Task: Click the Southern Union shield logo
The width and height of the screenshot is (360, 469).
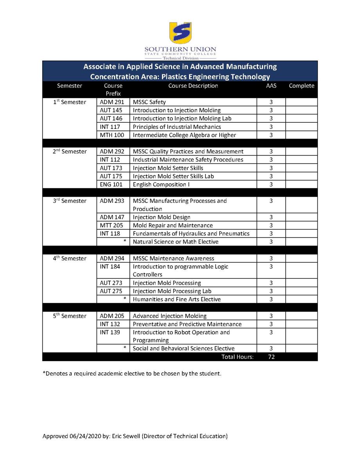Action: (180, 33)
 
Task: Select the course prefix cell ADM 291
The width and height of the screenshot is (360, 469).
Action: (112, 102)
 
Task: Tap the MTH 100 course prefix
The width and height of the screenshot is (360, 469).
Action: (112, 135)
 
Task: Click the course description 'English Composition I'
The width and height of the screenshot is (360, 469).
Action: (161, 184)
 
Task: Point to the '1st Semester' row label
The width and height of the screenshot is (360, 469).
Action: (70, 102)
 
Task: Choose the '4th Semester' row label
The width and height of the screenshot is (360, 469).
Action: (70, 258)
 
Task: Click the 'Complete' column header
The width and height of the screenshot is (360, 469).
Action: (301, 86)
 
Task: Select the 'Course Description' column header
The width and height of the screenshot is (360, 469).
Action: (193, 86)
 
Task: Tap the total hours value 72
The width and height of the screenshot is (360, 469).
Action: (271, 357)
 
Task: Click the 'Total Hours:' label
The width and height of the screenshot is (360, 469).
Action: (238, 357)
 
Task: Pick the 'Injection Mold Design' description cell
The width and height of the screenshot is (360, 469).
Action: (162, 217)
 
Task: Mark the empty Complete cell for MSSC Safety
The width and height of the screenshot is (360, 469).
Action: (301, 102)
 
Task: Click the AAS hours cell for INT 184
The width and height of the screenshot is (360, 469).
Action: (271, 267)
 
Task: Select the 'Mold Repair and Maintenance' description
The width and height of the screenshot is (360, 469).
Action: (173, 226)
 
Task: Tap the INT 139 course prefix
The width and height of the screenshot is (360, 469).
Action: (110, 332)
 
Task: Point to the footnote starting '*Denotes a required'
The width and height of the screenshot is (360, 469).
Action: (132, 373)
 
